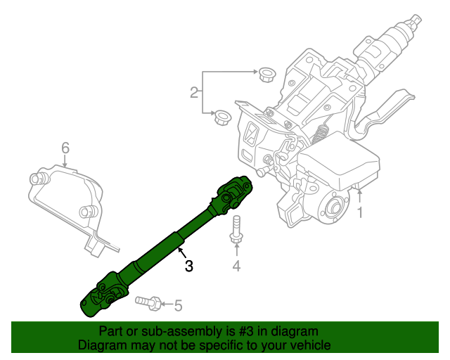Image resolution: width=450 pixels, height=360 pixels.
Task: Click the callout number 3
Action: pyautogui.click(x=188, y=266)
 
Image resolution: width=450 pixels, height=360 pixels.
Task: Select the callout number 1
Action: pyautogui.click(x=361, y=212)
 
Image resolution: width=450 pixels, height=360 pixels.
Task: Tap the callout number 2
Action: pyautogui.click(x=193, y=92)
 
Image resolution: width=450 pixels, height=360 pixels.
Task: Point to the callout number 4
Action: pyautogui.click(x=236, y=266)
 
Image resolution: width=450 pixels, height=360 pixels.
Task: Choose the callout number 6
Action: pyautogui.click(x=65, y=148)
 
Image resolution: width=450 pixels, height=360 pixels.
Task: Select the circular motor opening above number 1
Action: pyautogui.click(x=333, y=207)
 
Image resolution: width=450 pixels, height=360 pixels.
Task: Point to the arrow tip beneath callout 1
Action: pyautogui.click(x=361, y=189)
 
